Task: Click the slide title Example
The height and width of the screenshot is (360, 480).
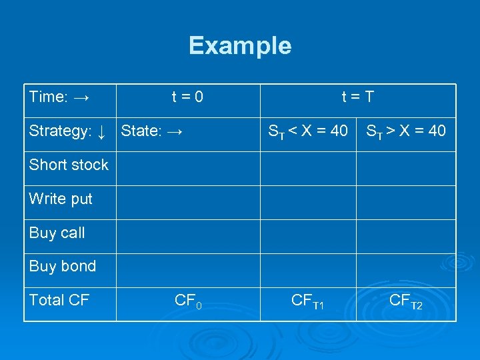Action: (240, 46)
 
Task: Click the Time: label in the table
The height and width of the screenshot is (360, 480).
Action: (49, 97)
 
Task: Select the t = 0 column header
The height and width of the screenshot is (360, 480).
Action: (187, 97)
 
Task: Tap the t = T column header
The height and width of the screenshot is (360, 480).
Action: (357, 97)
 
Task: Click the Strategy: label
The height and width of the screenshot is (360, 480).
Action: (59, 131)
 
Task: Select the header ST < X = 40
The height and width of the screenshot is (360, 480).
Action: (307, 132)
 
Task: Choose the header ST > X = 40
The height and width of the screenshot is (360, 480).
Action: (406, 131)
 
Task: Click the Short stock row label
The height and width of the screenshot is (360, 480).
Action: (69, 165)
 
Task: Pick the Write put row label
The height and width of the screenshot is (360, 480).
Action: (61, 199)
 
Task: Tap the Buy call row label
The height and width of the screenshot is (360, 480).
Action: (57, 233)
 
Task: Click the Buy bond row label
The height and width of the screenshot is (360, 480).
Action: (63, 266)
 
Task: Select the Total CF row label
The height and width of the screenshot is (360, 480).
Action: (59, 300)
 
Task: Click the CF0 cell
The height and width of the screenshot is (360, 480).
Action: (187, 301)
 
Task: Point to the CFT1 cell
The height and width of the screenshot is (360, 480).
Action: (307, 301)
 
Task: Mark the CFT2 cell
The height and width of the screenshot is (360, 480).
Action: (406, 301)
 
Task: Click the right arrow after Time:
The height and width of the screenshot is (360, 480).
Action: (82, 97)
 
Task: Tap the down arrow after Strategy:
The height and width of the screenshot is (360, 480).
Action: (101, 131)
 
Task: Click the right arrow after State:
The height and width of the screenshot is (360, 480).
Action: (175, 131)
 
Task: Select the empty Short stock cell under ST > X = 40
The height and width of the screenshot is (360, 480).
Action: (406, 169)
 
